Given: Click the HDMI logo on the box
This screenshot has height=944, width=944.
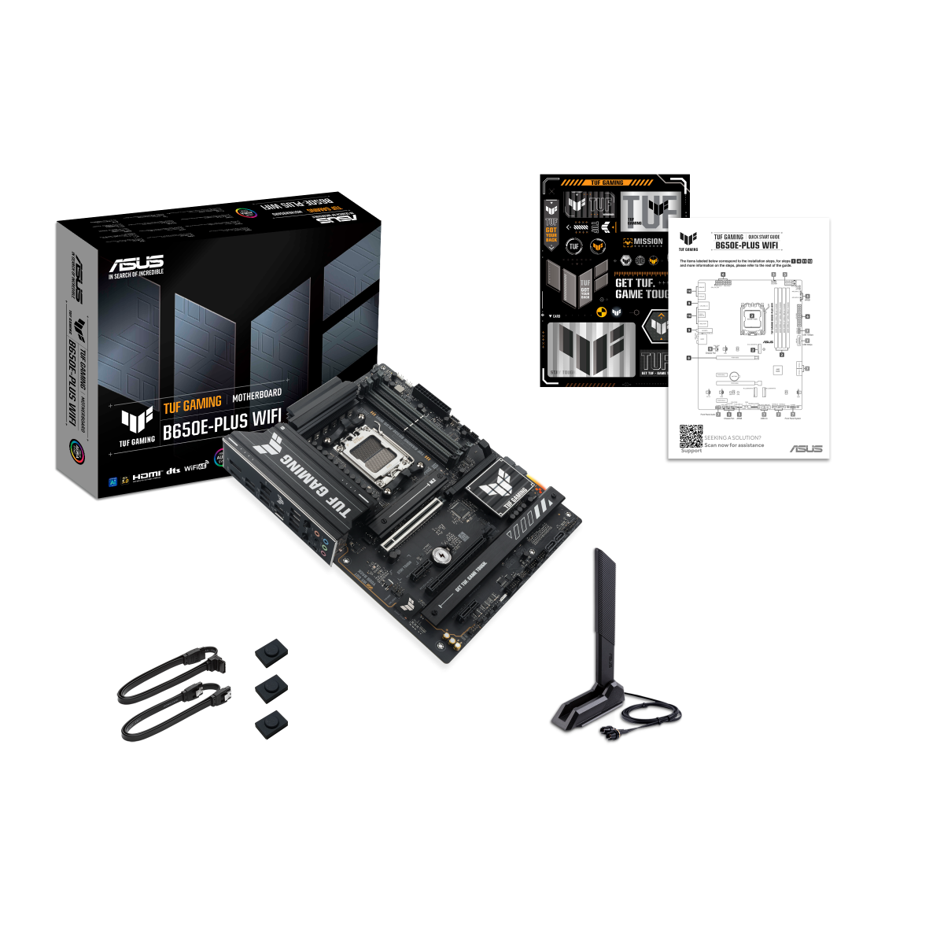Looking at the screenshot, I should click(146, 475).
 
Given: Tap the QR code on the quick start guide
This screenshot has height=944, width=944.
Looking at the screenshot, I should click(691, 436).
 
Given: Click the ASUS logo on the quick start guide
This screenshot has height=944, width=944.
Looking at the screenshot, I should click(806, 448).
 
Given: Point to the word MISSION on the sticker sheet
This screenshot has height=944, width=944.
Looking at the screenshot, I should click(647, 242).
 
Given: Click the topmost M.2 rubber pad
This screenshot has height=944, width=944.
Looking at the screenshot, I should click(271, 651).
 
